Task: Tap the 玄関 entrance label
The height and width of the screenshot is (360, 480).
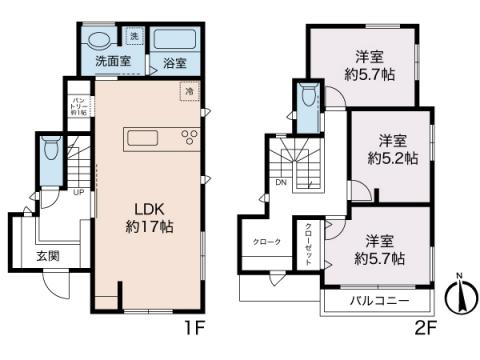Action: pos(47,256)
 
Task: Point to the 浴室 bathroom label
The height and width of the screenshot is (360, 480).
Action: pos(175,61)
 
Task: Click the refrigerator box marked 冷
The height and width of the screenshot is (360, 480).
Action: pos(188,92)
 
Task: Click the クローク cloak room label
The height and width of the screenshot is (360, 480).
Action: pos(266,243)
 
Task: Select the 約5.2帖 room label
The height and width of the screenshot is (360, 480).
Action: pos(391,150)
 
